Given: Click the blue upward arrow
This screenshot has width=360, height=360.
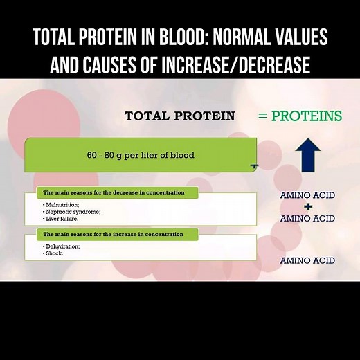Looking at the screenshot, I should tap(307, 156).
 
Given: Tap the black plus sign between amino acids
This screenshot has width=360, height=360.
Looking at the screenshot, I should tap(307, 207).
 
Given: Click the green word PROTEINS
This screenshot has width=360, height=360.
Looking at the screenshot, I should tap(307, 116).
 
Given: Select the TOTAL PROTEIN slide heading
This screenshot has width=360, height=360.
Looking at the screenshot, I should tap(179, 116).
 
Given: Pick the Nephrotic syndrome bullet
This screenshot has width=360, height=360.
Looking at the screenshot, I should tap(72, 212).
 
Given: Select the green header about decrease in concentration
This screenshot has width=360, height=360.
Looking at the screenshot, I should tap(118, 192).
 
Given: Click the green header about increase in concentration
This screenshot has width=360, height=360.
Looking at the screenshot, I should tap(118, 234).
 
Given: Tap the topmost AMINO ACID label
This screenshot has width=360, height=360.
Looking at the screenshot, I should tap(307, 195).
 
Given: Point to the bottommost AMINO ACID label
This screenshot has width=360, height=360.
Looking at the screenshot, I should tap(307, 260).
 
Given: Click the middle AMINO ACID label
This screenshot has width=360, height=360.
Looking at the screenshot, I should tap(307, 219).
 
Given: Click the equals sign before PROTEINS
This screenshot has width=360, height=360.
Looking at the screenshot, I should tap(262, 116).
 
